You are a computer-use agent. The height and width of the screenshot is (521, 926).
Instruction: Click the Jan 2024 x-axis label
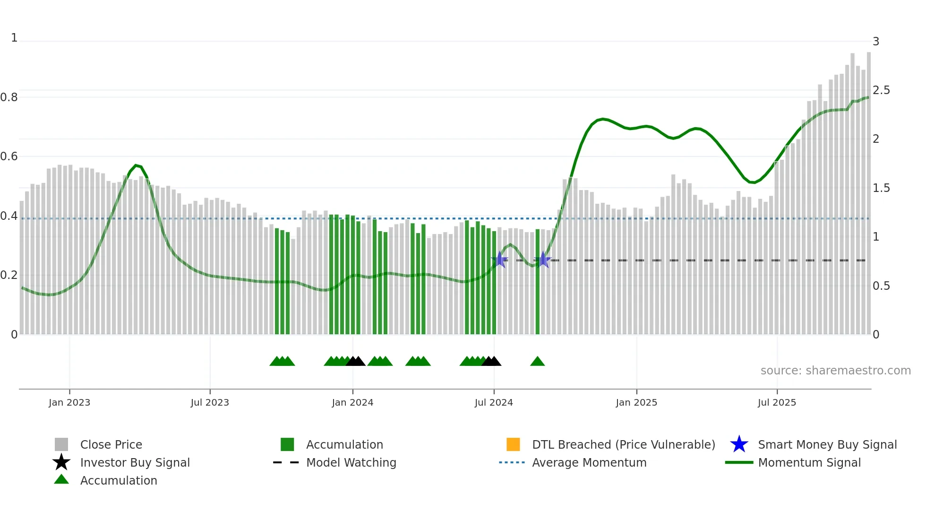coord(352,402)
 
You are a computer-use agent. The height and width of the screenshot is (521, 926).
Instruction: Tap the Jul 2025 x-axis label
coord(777,402)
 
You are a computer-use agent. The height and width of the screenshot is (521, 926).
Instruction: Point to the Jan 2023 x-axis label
coord(69,402)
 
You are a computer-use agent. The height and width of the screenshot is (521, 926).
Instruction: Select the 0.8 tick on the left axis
coord(9,97)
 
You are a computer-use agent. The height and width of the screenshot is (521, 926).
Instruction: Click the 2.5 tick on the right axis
coord(881,90)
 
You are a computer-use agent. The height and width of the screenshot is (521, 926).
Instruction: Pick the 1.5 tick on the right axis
coord(881,188)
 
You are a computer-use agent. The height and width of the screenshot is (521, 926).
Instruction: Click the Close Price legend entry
coord(111,444)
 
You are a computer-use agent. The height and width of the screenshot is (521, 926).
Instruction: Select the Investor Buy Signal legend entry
coord(135,462)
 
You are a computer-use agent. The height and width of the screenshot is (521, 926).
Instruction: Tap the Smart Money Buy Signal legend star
coord(739,444)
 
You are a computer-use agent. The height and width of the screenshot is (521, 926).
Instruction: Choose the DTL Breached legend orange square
coord(513,444)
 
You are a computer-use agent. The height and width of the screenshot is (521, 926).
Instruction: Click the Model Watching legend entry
coord(351,462)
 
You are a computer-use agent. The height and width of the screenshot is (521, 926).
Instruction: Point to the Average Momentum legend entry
coord(589,462)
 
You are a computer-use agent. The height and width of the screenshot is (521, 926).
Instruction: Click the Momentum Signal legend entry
coord(809,462)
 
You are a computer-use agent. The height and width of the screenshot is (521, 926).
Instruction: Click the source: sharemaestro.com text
coord(835,371)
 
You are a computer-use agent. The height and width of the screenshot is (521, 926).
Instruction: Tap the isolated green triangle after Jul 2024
coord(538,362)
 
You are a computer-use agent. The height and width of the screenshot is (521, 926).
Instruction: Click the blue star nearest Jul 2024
coord(500,260)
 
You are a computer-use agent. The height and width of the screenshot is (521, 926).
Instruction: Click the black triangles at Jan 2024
coord(355,362)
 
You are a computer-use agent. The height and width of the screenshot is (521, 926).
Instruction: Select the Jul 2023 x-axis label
coord(210,402)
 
